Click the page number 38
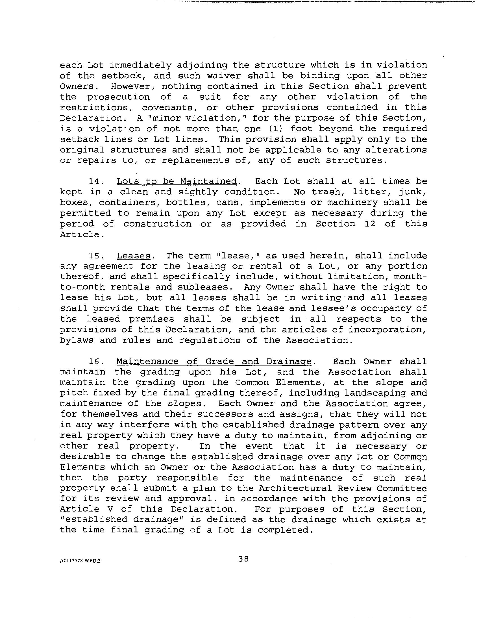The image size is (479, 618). point(243,559)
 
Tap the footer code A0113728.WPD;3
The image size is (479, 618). point(80,560)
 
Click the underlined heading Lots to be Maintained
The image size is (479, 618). point(177,181)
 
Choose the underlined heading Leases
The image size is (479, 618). point(133,256)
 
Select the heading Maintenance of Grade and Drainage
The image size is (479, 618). point(214,362)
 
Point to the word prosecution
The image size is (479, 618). point(118,97)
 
